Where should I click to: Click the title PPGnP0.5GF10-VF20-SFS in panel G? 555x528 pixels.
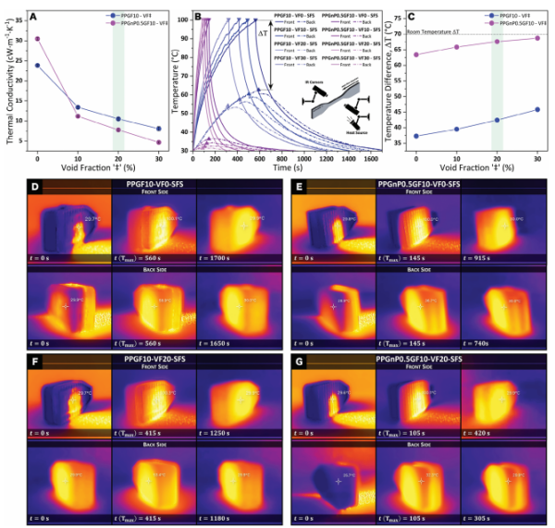[415, 356]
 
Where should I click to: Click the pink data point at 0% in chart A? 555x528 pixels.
[37, 39]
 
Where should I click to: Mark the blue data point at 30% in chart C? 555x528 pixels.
[537, 109]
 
